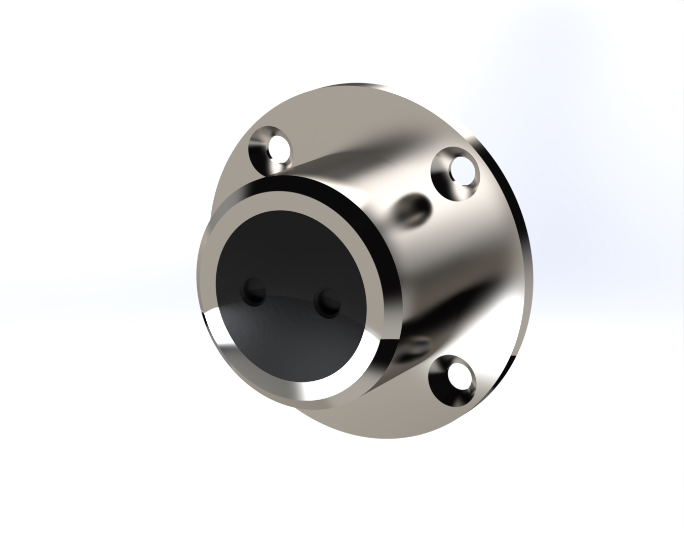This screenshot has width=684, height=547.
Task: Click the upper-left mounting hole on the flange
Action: click(x=279, y=148)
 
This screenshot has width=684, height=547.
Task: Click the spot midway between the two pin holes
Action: click(x=290, y=297)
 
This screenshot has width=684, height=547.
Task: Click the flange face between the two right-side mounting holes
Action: click(x=481, y=273)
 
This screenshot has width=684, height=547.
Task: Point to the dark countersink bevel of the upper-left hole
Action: click(x=261, y=152)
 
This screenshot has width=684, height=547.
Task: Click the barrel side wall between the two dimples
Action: click(x=421, y=279)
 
